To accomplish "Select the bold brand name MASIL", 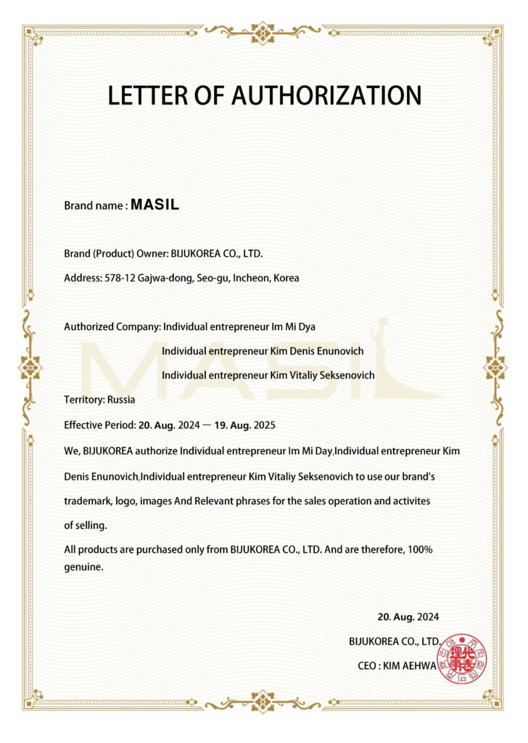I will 154,205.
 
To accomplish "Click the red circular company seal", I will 461,658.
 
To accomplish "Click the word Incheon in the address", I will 251,278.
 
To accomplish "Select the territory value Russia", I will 121,399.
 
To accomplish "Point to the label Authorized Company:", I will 112,327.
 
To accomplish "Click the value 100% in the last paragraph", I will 420,550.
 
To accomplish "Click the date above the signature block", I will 408,617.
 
